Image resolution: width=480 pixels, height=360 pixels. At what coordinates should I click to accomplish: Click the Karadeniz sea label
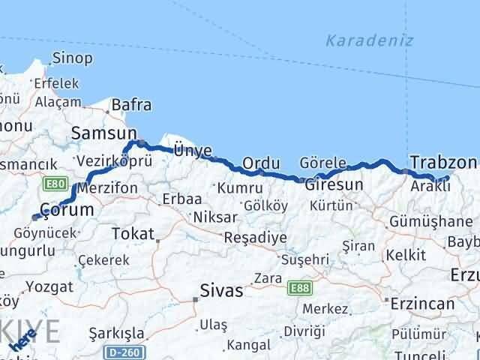click(370, 40)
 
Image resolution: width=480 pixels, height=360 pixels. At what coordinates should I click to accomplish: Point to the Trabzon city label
click(443, 162)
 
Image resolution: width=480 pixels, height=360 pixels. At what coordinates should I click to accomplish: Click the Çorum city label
click(67, 210)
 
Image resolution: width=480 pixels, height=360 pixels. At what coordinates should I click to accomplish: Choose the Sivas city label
click(221, 291)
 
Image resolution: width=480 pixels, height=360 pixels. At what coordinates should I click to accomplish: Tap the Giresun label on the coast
click(334, 184)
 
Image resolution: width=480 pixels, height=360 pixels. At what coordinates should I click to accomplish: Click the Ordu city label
click(262, 163)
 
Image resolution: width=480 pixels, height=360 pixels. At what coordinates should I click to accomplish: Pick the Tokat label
click(133, 233)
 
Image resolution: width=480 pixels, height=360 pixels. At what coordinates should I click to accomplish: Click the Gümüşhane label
click(429, 221)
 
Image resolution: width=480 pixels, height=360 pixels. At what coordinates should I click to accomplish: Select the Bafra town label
click(131, 105)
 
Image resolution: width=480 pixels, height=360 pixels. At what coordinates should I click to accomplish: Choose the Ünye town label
click(192, 150)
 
